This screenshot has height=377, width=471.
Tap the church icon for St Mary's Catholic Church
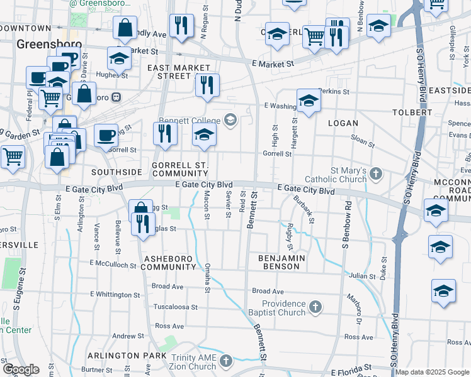[376, 173]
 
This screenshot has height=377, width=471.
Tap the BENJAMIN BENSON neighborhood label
[281, 262]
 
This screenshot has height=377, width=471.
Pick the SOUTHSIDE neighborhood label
[116, 172]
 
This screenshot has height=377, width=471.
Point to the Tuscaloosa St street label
[176, 307]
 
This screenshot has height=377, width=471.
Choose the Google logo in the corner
[21, 369]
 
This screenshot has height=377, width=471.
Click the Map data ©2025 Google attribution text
[432, 372]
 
